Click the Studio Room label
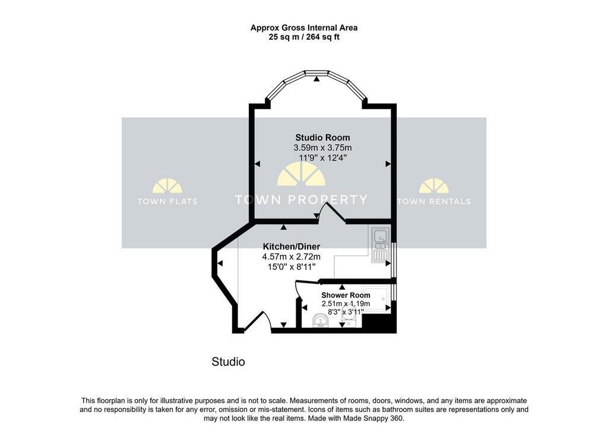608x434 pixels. point(322,138)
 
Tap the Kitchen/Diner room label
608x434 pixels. point(292,246)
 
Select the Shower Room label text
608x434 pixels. point(346,295)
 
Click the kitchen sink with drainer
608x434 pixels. point(380,245)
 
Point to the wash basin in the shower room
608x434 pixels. point(321,321)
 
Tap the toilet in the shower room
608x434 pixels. point(349,320)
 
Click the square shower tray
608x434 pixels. point(376,299)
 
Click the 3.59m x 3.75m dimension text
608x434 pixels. point(322,148)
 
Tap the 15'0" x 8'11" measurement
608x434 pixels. point(292,267)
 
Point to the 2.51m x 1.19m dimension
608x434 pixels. point(346,304)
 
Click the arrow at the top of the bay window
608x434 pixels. point(317,79)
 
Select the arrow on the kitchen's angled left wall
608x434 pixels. point(220,264)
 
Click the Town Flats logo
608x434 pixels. point(167,192)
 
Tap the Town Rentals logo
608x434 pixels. point(434,192)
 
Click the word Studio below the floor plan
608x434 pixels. point(229,362)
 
